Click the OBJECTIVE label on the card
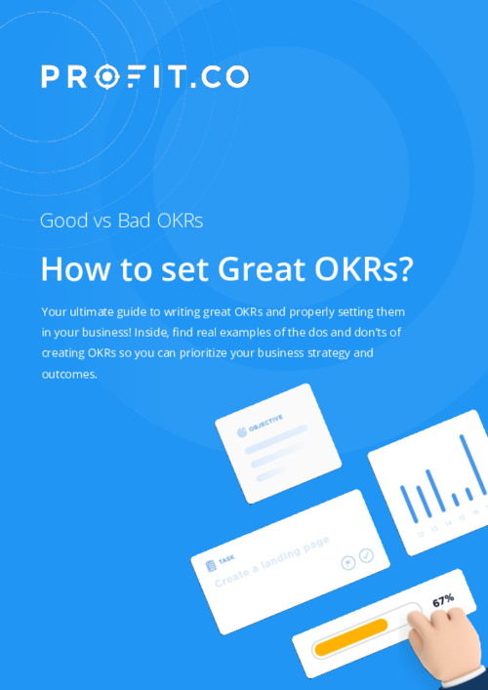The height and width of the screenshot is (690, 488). [x=266, y=423]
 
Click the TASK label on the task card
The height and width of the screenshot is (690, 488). [x=226, y=559]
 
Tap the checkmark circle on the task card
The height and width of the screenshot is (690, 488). [x=366, y=555]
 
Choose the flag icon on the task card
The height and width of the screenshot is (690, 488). [x=346, y=563]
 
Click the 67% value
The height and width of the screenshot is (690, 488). [x=444, y=601]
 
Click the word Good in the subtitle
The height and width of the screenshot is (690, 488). [x=62, y=221]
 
